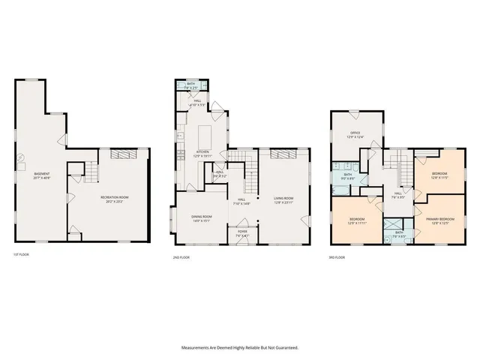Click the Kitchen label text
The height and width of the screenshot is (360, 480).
tap(203, 152)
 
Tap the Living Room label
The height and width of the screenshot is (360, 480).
tap(283, 198)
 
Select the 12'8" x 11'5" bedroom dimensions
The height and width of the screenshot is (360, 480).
tap(439, 178)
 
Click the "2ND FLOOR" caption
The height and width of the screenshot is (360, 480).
tap(180, 257)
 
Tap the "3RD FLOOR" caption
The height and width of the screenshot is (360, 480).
tap(337, 257)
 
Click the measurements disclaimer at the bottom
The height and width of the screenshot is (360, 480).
tap(240, 347)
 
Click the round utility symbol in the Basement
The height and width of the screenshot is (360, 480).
tap(21, 158)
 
